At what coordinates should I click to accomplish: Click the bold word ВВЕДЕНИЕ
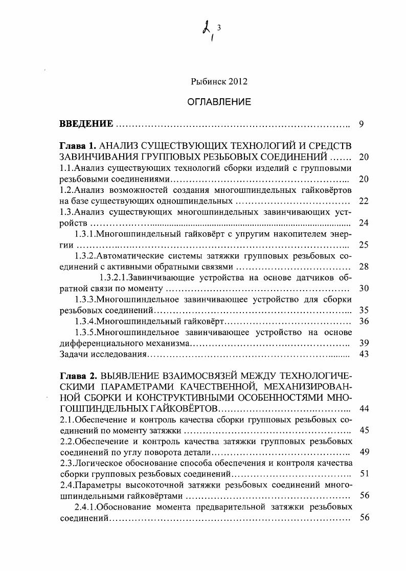pos(86,124)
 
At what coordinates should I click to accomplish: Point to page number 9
pos(362,124)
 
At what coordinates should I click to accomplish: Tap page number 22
pos(364,201)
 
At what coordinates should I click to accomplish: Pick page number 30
pos(364,289)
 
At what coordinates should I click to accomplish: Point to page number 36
pos(364,321)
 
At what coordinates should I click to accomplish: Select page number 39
pos(364,343)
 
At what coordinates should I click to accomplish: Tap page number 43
pos(364,354)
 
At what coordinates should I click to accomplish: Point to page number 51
pos(364,474)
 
